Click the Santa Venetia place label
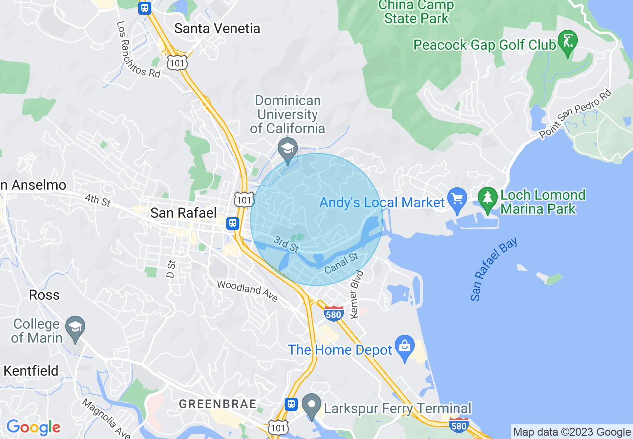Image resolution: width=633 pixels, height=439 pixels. (217, 29)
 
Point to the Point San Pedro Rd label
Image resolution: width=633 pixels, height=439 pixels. (575, 115)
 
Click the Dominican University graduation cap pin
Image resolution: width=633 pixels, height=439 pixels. (288, 148)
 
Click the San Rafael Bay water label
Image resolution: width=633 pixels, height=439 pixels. (494, 269)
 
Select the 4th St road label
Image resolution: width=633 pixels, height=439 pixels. (98, 200)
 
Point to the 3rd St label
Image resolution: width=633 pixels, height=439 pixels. (286, 244)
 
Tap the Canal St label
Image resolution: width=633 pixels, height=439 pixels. (341, 263)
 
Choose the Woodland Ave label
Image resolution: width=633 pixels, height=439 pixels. (247, 291)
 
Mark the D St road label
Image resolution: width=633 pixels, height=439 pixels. (171, 269)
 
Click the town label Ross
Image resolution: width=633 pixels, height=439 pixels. (44, 295)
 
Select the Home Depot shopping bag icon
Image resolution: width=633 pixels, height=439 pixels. (404, 345)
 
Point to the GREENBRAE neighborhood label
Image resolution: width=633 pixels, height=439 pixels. (218, 404)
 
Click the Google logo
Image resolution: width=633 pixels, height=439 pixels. (33, 427)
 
